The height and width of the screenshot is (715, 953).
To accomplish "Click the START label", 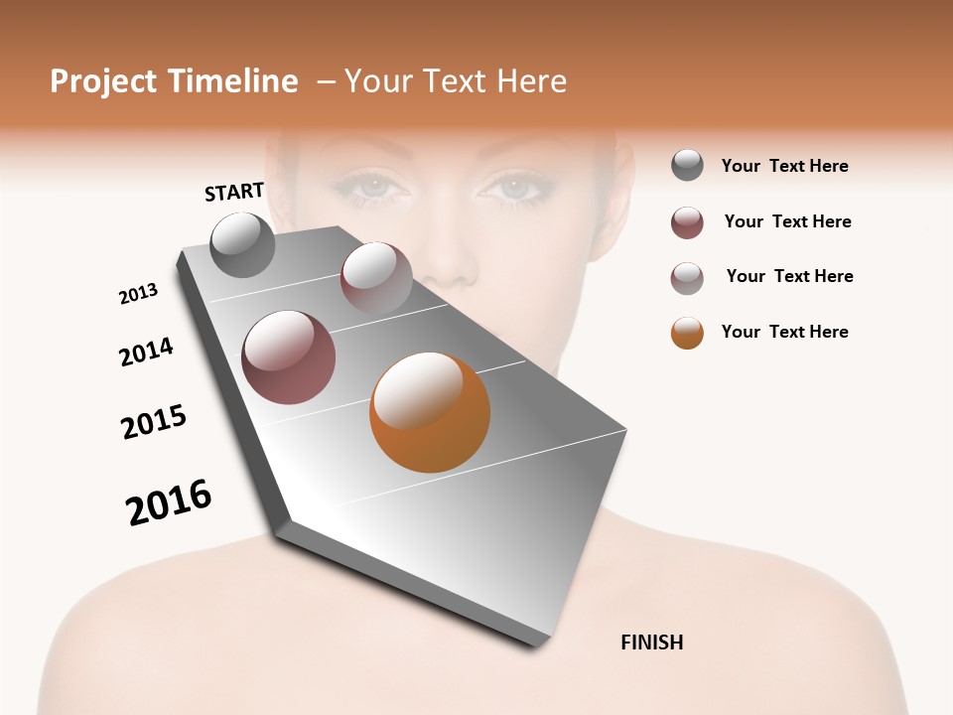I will tap(234, 192).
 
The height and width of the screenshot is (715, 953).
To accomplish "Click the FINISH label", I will tap(651, 643).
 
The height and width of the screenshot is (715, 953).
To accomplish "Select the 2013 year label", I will tap(138, 294).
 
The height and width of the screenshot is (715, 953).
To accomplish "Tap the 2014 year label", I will tap(146, 352).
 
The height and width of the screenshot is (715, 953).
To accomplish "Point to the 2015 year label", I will tap(154, 422).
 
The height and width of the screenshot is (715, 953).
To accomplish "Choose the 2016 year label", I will tap(169, 502).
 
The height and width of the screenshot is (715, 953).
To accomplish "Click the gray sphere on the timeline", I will tap(242, 244).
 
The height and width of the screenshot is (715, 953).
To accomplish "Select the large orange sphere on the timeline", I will tap(430, 412).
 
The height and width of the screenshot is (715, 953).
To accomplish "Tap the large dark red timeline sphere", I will tap(288, 357).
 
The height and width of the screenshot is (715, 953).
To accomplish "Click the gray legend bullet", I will tap(687, 166).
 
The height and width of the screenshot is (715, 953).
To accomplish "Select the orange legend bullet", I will tap(687, 333).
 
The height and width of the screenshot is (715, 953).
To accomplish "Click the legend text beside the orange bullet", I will tap(784, 332).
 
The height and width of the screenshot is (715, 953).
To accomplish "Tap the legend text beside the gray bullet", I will tap(784, 166).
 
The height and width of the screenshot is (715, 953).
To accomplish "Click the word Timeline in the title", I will tap(232, 81).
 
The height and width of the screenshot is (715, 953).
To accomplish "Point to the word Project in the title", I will tap(103, 81).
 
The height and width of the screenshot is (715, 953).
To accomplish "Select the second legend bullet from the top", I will tap(687, 222).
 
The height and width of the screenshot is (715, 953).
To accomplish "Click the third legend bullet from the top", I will tap(687, 278).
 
